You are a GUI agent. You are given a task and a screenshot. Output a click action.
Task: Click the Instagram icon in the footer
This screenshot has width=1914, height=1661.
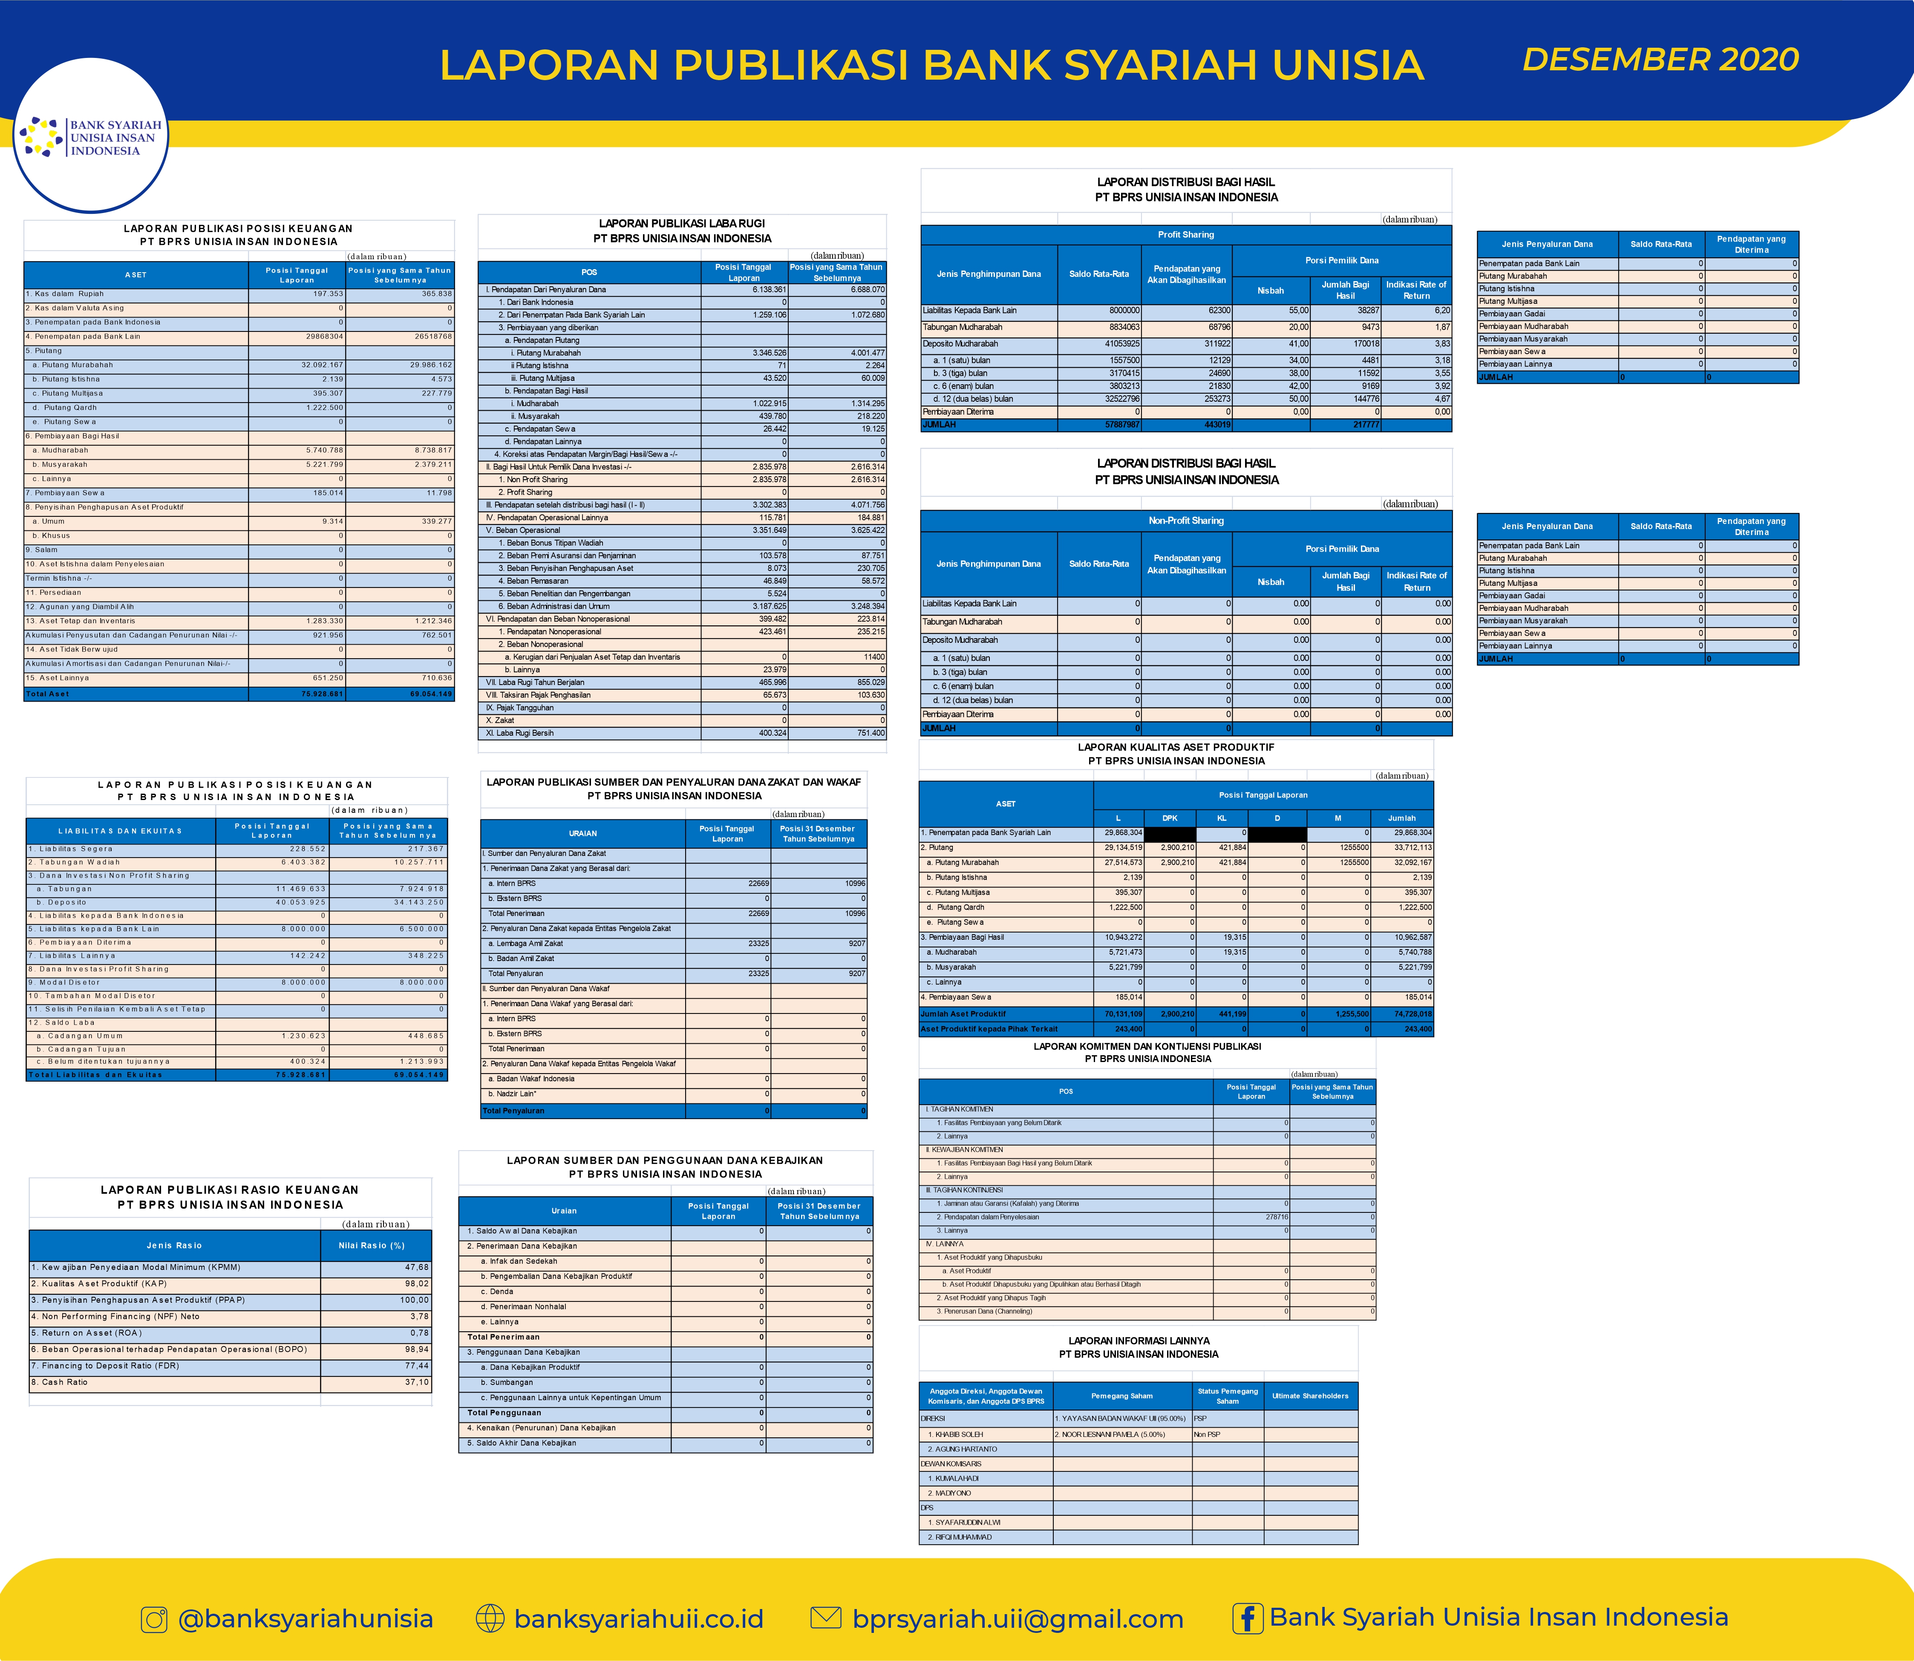[x=154, y=1619]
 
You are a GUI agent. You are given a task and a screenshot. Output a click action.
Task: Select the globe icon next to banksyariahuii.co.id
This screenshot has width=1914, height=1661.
[x=490, y=1618]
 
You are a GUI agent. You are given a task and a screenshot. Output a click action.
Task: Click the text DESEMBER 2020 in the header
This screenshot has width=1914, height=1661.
[x=1660, y=59]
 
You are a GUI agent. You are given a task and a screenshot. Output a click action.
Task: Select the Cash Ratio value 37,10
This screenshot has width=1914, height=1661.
[x=416, y=1382]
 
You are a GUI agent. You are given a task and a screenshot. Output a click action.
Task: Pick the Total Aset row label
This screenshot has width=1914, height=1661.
[x=48, y=693]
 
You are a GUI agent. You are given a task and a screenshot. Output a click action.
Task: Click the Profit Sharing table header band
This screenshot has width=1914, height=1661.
[x=1185, y=234]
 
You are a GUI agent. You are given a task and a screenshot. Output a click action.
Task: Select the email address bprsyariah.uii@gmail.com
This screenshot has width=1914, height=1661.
[x=1018, y=1619]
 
